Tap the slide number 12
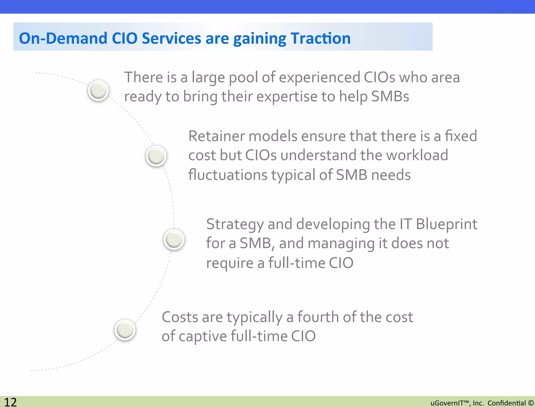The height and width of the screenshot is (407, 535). tap(10, 402)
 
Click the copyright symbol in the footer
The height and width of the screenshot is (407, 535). tap(531, 403)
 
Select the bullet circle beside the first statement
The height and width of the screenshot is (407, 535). tap(98, 90)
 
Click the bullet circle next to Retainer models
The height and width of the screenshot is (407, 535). tap(156, 156)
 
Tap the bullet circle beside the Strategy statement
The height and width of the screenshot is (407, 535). tap(174, 239)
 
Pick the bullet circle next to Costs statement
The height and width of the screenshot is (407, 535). tap(125, 330)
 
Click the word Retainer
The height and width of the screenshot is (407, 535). tap(217, 136)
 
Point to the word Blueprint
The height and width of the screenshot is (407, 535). tap(446, 224)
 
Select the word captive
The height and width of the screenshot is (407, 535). tap(203, 336)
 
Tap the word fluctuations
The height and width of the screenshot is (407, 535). tap(228, 175)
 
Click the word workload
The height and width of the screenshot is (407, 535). tap(417, 155)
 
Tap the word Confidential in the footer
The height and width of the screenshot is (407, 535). tap(507, 403)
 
